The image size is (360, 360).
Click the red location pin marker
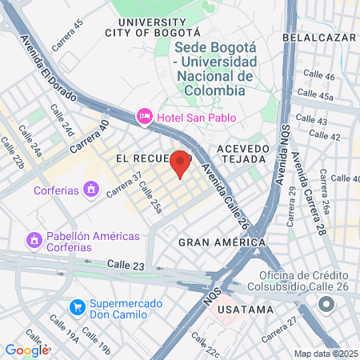[x=181, y=163]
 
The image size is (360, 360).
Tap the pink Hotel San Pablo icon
[x=145, y=116]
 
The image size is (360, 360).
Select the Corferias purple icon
[x=92, y=190]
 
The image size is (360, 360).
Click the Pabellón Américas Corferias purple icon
[x=34, y=239]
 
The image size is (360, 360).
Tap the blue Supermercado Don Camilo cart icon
[x=78, y=307]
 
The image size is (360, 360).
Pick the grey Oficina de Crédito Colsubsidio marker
[x=326, y=306]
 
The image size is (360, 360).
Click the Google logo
[x=26, y=350]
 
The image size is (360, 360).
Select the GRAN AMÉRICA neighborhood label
[x=222, y=242]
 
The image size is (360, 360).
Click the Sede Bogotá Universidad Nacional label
[x=216, y=69]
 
